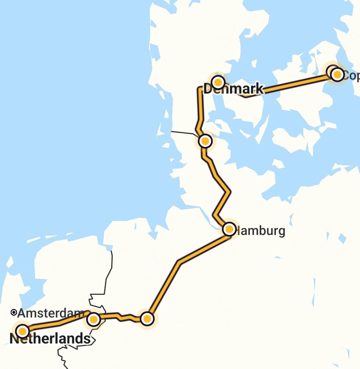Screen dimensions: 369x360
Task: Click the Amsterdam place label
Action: click(51, 313)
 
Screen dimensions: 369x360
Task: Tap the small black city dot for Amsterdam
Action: click(14, 313)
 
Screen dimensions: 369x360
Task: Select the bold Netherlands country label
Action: click(50, 339)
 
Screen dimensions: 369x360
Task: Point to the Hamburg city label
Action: click(260, 231)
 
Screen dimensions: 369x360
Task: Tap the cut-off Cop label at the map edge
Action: click(351, 76)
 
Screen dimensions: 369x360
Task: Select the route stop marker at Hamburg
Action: click(229, 229)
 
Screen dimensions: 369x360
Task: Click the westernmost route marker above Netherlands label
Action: click(22, 331)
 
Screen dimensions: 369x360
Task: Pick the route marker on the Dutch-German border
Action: click(94, 320)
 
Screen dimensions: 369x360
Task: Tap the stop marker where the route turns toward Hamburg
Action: click(147, 319)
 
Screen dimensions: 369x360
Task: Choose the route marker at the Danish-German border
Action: click(205, 141)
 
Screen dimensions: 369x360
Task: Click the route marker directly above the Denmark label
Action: click(218, 82)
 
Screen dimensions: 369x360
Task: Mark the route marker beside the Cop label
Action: click(337, 74)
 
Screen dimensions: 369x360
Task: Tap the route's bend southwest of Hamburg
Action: click(179, 262)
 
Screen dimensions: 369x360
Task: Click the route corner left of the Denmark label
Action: click(200, 89)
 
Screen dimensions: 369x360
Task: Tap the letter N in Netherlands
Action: click(14, 339)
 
